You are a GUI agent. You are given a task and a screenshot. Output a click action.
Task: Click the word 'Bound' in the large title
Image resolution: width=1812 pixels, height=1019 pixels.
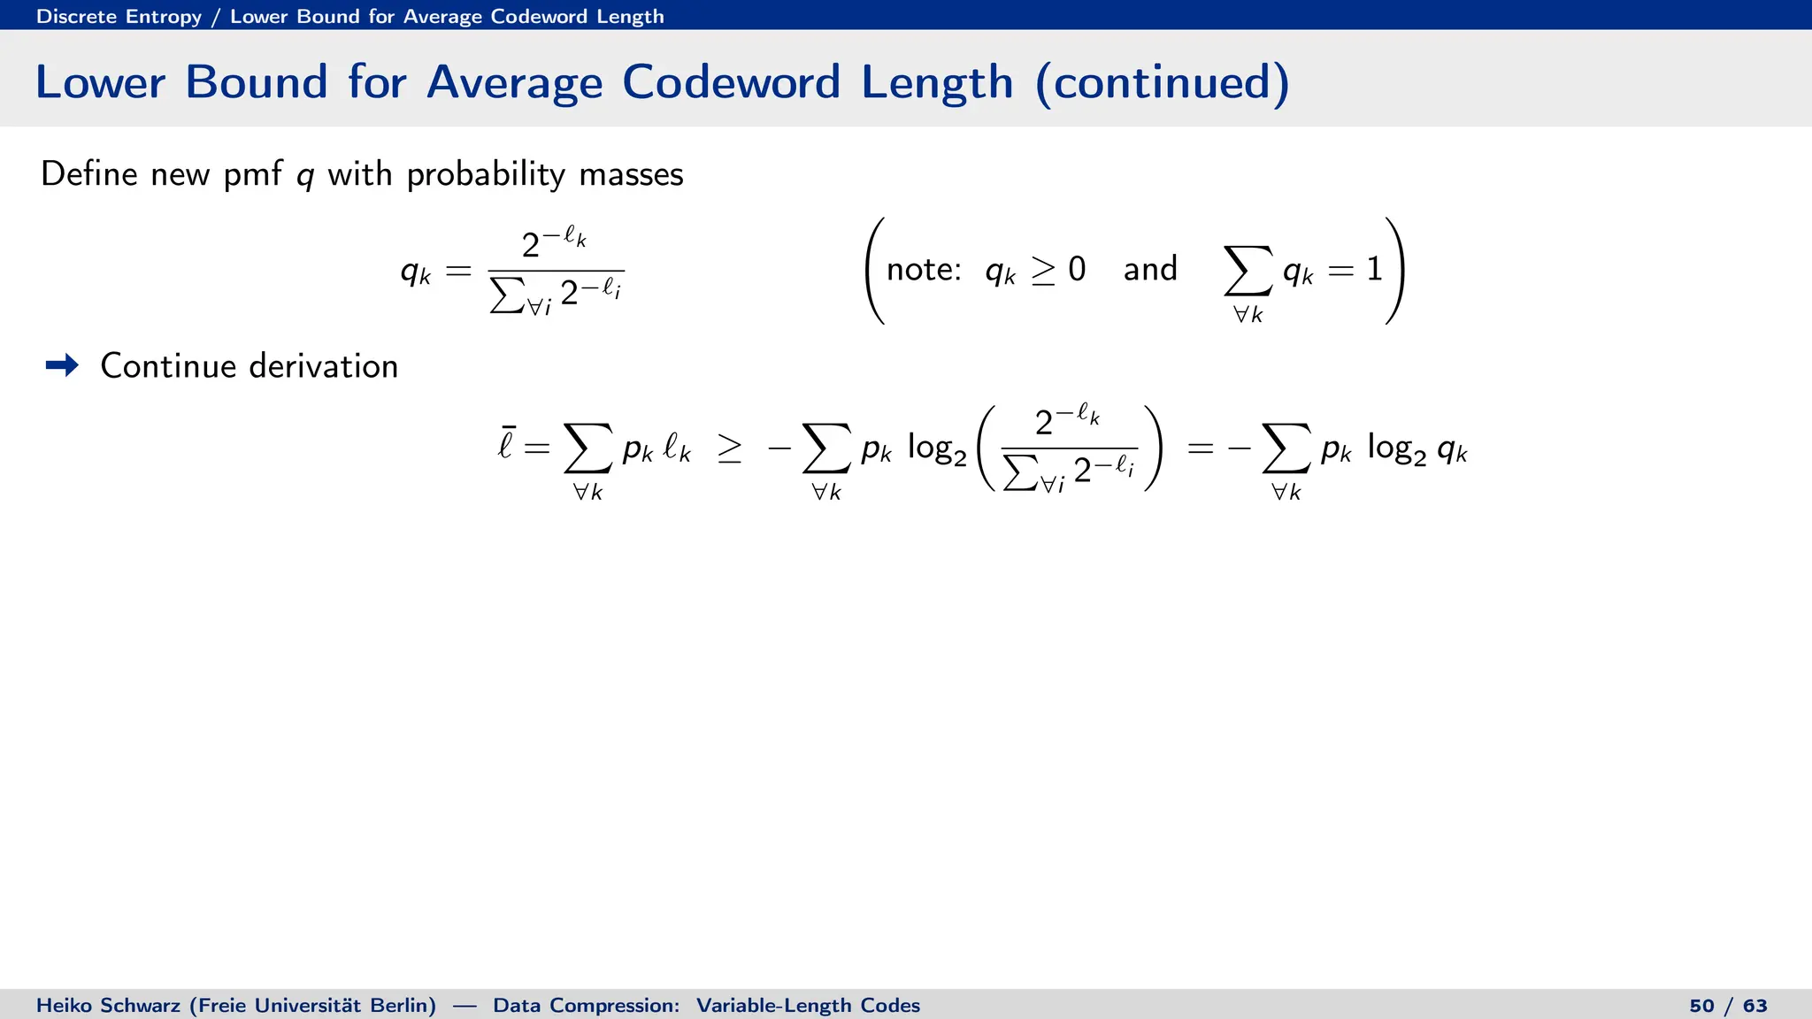(256, 82)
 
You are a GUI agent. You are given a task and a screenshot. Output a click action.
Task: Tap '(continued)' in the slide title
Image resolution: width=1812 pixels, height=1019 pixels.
(1162, 83)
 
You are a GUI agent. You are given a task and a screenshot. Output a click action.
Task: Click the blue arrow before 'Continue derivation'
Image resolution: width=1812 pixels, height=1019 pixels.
(62, 365)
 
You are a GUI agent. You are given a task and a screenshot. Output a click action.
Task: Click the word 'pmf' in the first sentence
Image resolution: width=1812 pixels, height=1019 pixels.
(251, 174)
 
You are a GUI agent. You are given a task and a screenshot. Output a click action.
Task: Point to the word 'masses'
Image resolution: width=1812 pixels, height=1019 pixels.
(631, 174)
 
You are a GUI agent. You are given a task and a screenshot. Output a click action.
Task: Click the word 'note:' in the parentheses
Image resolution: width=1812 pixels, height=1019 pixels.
(924, 269)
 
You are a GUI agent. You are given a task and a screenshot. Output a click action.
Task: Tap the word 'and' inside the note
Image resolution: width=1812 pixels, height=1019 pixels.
(1150, 269)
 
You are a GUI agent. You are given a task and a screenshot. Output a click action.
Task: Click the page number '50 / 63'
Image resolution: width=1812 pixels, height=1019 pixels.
(1728, 1006)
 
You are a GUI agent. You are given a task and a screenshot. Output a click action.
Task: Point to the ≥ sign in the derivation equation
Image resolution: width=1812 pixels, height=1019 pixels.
(730, 449)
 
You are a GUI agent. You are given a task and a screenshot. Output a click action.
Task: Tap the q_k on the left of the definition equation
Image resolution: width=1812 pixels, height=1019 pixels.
(415, 271)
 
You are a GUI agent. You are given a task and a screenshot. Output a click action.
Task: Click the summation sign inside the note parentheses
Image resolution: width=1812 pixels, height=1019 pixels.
(1248, 271)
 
